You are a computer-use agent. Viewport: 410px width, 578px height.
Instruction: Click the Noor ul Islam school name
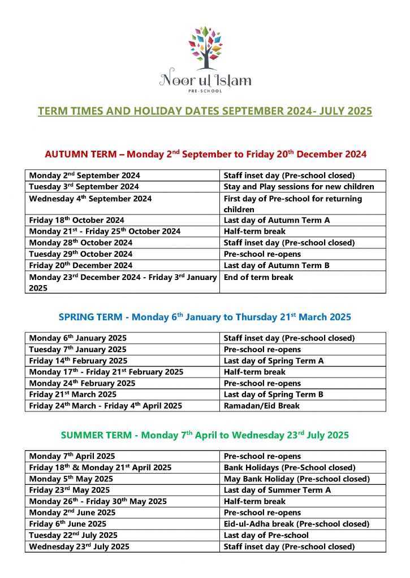[205, 80]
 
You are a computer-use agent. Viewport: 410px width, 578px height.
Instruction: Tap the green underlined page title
[205, 111]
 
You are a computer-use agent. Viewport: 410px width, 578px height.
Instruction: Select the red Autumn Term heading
[205, 154]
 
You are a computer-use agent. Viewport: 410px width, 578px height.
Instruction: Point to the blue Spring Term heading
[205, 317]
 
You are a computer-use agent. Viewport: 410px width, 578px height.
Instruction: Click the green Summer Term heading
[205, 435]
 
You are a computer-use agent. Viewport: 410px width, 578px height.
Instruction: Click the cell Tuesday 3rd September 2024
[84, 187]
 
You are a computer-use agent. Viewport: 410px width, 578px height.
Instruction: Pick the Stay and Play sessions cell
[299, 187]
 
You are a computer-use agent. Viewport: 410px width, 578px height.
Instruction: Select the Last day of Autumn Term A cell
[277, 220]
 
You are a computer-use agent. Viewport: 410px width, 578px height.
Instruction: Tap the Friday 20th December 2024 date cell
[80, 265]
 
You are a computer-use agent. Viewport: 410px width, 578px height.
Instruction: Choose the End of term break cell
[258, 277]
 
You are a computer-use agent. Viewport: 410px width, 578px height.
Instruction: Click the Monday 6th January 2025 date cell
[77, 338]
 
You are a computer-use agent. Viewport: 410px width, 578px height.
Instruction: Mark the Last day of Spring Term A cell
[274, 361]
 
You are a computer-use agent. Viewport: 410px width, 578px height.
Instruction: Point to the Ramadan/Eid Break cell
[261, 406]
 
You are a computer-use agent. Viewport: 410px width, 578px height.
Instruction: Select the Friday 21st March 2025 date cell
[72, 395]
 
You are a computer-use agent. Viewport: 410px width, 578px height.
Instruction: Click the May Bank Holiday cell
[296, 479]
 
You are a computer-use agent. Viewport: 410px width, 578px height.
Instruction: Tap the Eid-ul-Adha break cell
[296, 524]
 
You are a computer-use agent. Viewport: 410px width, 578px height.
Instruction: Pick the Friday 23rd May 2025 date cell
[70, 490]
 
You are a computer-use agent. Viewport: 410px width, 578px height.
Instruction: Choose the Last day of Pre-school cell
[266, 535]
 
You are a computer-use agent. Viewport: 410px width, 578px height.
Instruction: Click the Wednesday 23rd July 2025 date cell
[79, 546]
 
